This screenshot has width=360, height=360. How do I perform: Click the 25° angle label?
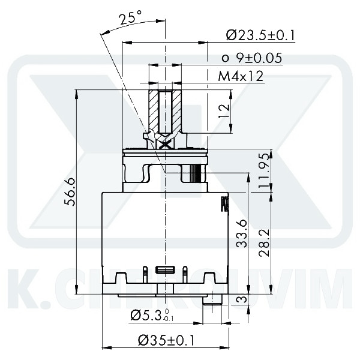[127, 18]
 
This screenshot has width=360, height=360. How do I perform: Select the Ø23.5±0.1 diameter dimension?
[260, 35]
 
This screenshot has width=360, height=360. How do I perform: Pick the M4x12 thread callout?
[240, 76]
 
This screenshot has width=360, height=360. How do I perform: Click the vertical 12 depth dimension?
[223, 110]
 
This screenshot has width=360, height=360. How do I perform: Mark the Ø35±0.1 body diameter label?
[166, 340]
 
